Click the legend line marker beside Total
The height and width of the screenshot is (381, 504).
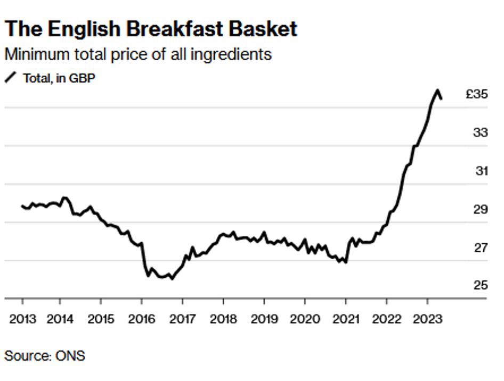[x=11, y=78]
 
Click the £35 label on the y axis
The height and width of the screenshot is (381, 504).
[x=477, y=94]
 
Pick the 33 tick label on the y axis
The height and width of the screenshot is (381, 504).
[x=480, y=132]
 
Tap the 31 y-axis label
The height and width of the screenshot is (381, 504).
[x=481, y=171]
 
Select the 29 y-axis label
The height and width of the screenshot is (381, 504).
[x=480, y=209]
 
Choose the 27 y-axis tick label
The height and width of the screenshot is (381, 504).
[x=480, y=247]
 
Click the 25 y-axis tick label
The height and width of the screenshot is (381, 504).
[x=480, y=285]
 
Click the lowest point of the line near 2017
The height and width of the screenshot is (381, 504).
[x=172, y=278]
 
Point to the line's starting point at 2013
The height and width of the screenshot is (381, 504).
[x=22, y=206]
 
